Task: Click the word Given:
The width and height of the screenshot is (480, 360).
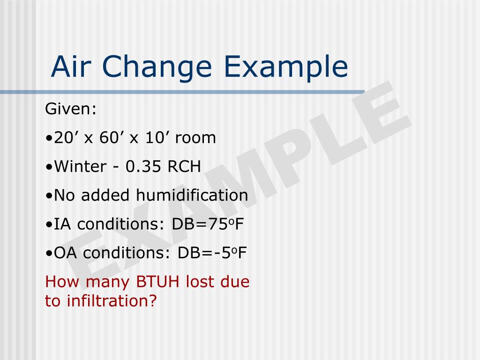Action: [x=71, y=110]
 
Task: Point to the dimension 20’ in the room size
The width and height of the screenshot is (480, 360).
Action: [x=66, y=138]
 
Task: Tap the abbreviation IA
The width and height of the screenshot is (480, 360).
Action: [x=62, y=224]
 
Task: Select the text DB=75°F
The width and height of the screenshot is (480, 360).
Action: [x=208, y=224]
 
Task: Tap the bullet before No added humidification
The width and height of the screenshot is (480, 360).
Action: [x=50, y=196]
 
